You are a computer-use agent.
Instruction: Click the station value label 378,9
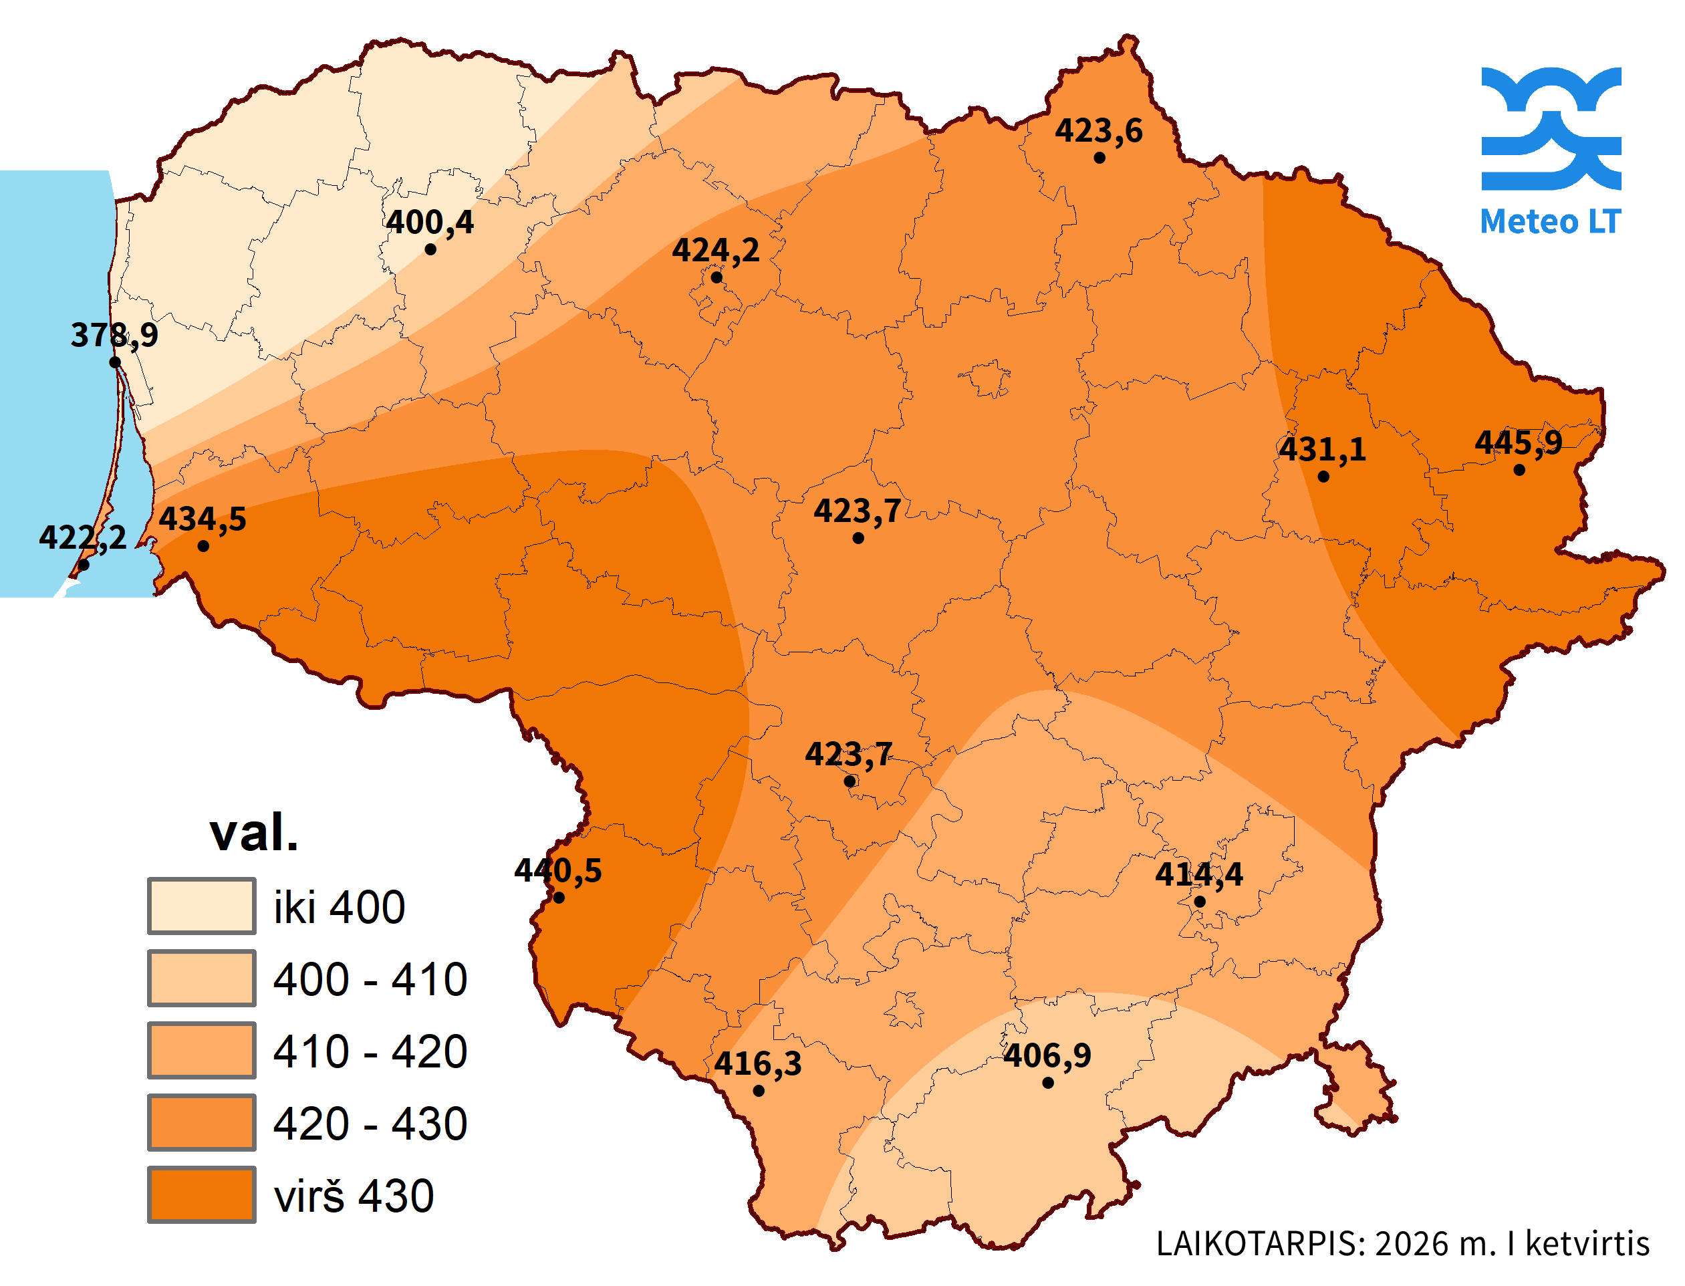coord(114,334)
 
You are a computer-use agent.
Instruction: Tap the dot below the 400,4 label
coord(430,249)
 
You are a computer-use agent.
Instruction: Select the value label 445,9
coord(1518,442)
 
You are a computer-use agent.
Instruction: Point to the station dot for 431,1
coord(1323,476)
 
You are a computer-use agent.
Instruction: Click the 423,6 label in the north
coord(1099,131)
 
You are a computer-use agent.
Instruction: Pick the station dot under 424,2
coord(716,278)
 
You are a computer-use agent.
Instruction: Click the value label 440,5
coord(557,870)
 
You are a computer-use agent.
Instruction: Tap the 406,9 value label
coord(1047,1055)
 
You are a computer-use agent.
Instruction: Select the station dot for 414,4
coord(1199,902)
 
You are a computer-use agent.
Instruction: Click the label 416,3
coord(757,1063)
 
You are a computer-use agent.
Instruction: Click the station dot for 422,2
coord(84,565)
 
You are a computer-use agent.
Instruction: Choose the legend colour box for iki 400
coord(201,906)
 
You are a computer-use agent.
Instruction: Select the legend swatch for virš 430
coord(201,1194)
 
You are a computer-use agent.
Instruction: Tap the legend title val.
coord(253,833)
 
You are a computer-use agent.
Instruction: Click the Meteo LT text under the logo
coord(1549,222)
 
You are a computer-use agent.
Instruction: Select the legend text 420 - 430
coord(370,1123)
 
